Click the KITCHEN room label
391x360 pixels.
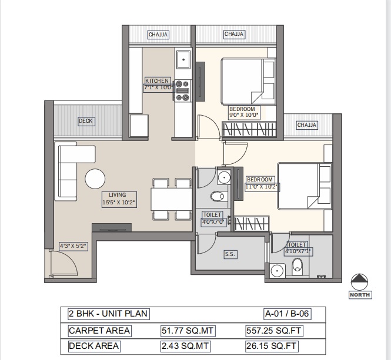pos(157,80)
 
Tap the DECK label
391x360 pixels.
pos(85,121)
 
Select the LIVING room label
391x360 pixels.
pos(118,195)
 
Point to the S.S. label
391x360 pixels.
pos(230,254)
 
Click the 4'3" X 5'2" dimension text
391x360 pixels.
pos(73,246)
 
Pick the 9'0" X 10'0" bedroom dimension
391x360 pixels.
pos(244,115)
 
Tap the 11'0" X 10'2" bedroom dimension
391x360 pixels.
pos(262,187)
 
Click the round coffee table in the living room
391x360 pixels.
pos(95,179)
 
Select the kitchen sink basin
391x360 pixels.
pos(183,60)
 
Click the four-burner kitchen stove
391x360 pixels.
pos(182,90)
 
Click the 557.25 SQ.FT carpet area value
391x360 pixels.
pos(274,331)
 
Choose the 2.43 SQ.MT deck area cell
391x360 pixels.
pos(185,346)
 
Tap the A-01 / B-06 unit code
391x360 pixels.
pos(287,314)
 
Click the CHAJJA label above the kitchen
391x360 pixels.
pos(158,35)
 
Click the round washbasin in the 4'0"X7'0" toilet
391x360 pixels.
pos(224,177)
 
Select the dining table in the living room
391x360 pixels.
pos(171,199)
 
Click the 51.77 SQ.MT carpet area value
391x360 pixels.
pos(188,331)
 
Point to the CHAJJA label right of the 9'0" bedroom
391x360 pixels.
pos(307,125)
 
